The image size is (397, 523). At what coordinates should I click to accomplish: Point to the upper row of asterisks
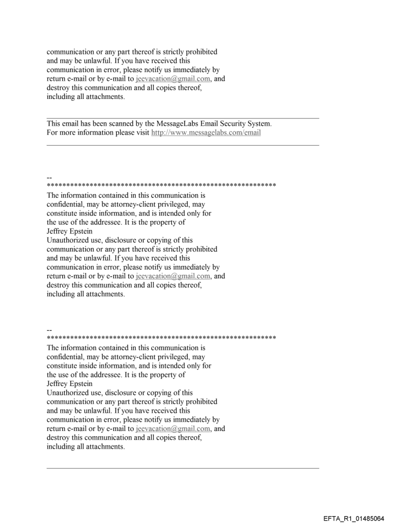pyautogui.click(x=161, y=186)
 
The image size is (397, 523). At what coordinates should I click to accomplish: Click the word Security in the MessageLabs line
pyautogui.click(x=221, y=123)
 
